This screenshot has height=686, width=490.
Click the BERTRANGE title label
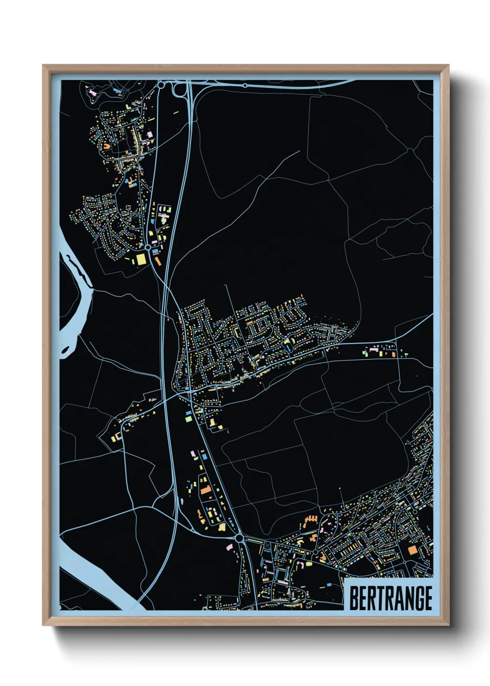click(390, 598)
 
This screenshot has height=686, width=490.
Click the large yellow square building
click(140, 259)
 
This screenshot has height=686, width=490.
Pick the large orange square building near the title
click(412, 550)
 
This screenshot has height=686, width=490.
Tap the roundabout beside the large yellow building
click(147, 248)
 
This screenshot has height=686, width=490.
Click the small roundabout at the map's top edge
click(245, 86)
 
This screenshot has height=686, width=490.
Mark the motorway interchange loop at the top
click(177, 89)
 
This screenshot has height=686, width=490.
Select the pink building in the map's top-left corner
click(93, 93)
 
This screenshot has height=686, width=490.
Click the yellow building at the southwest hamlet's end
click(114, 437)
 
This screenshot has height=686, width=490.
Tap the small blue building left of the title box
click(329, 585)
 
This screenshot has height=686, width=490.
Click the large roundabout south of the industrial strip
click(239, 538)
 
